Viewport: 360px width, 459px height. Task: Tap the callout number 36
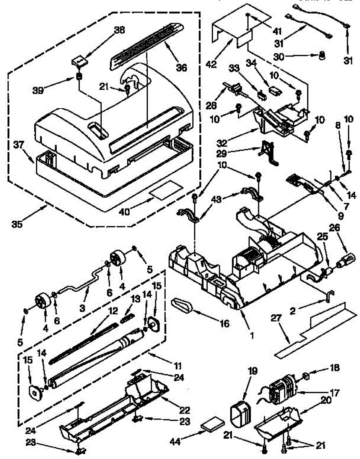(x=181, y=67)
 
